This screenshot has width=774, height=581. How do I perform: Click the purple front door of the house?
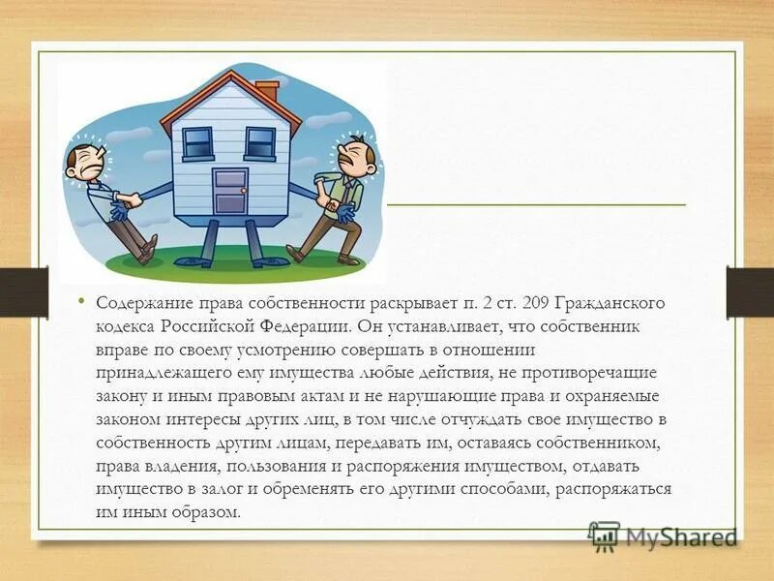point(230,191)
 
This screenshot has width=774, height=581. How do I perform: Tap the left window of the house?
point(197,143)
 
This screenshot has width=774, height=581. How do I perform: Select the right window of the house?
point(259,143)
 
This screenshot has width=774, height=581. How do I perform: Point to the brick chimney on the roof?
point(268,92)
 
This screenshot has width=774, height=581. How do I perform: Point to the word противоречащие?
point(598,373)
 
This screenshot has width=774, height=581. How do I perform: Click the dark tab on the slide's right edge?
point(750,292)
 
